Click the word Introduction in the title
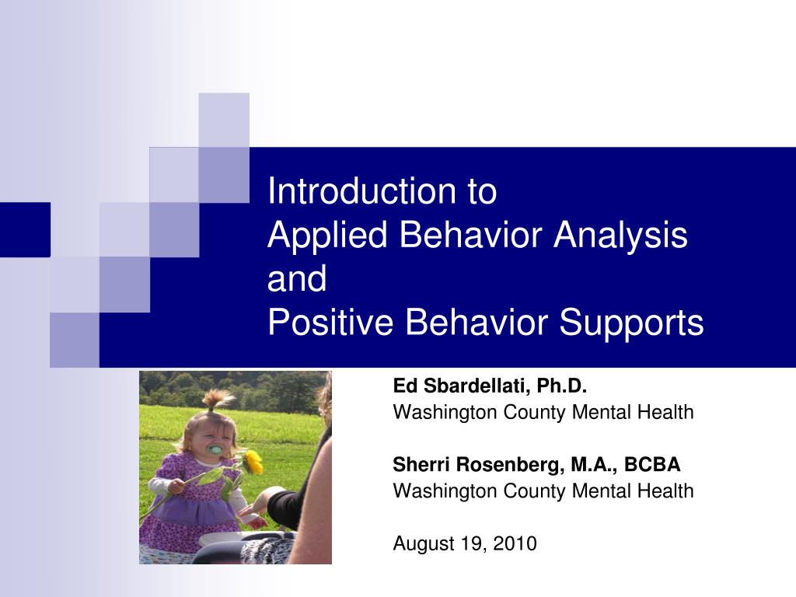(x=362, y=191)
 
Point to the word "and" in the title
(x=297, y=278)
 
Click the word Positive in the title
(x=330, y=322)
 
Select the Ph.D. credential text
(x=562, y=386)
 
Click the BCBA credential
(x=652, y=465)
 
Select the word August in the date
(x=424, y=544)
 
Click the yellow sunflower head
(x=253, y=462)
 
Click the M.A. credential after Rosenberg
(x=595, y=465)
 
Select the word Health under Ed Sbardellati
(x=665, y=412)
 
